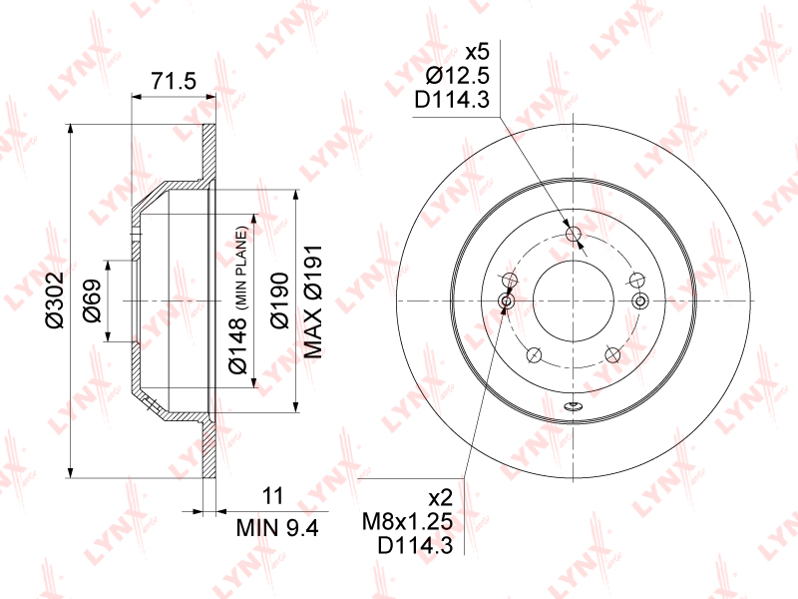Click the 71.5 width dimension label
point(174,82)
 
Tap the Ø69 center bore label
point(92,300)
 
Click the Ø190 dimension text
point(279,300)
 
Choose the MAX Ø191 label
point(313,301)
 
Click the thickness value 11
point(272,495)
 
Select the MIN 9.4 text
point(277,528)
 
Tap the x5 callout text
point(478,52)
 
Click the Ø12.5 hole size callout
point(458,76)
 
